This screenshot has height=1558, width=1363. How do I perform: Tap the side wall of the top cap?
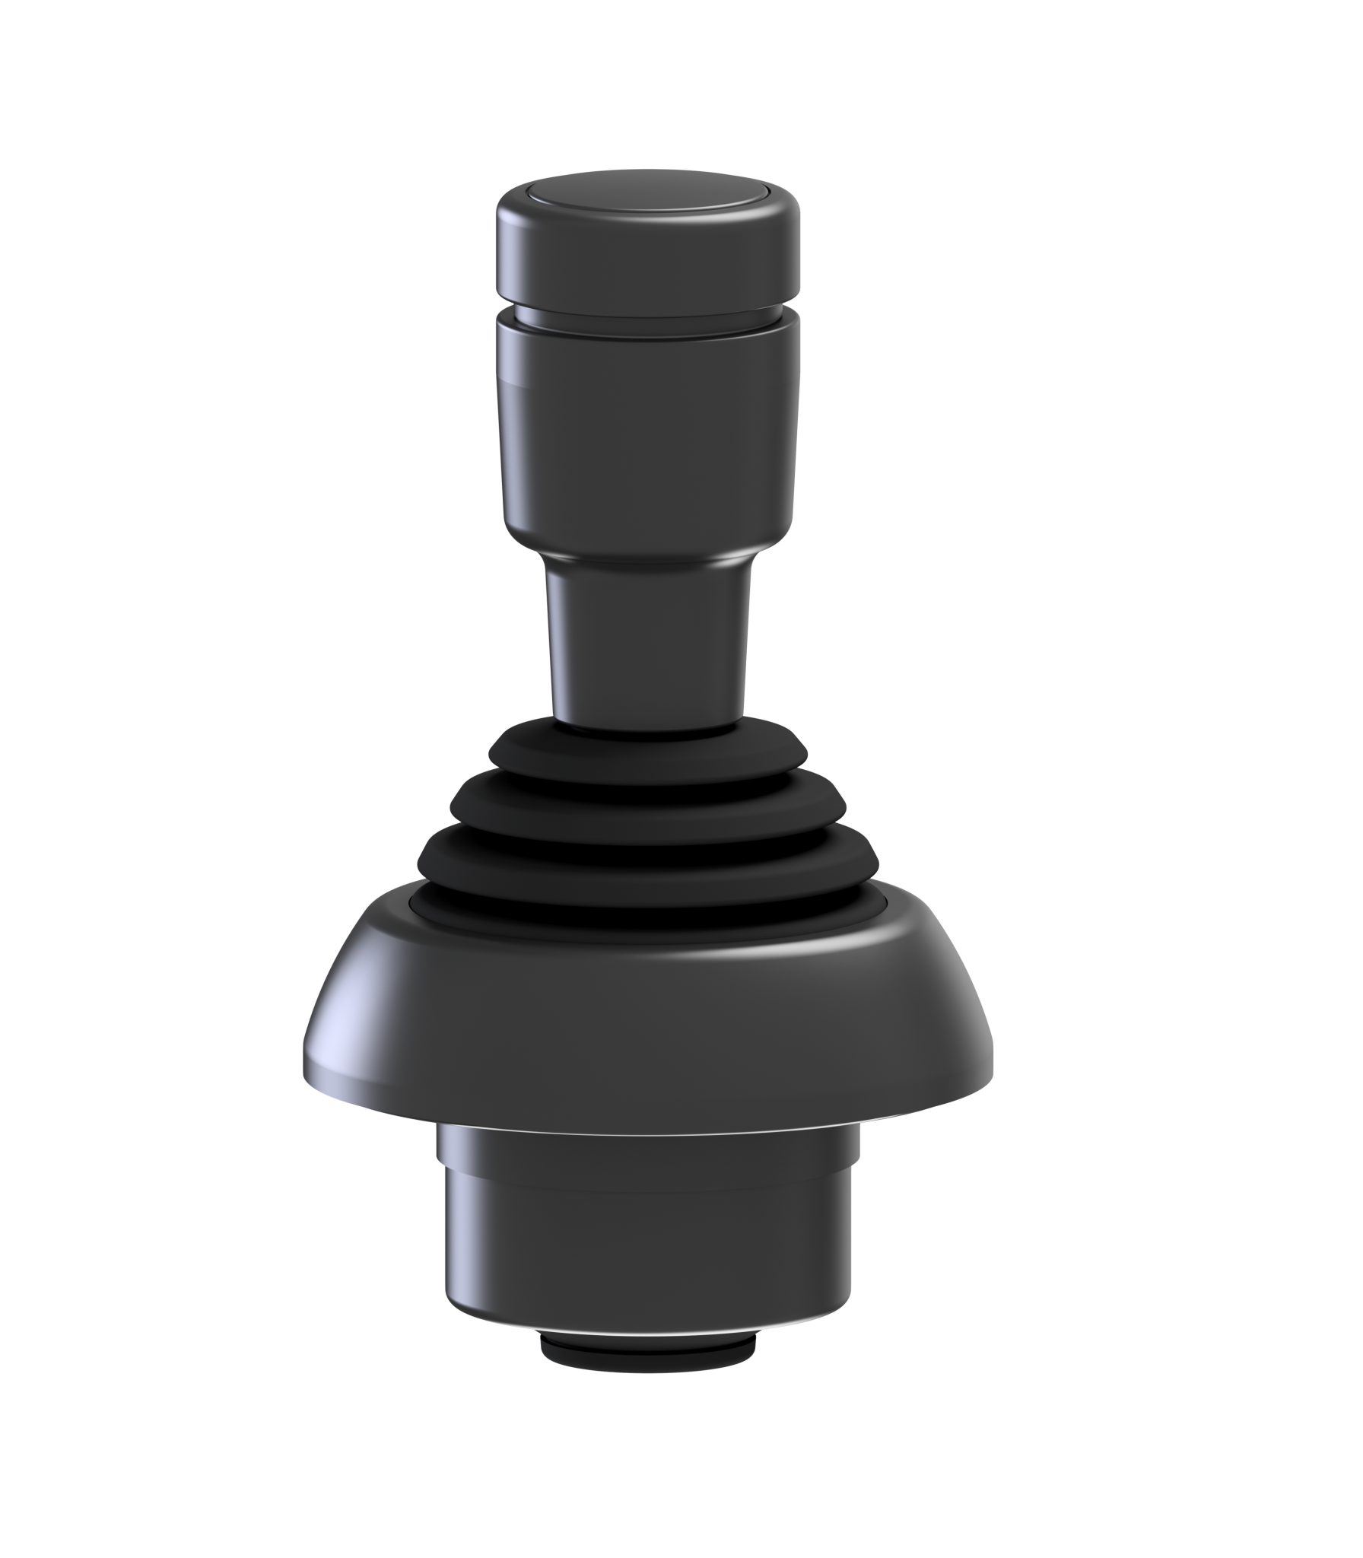tap(647, 255)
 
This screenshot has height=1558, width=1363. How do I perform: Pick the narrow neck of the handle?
tap(647, 647)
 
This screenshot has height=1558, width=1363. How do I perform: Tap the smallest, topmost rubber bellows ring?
tap(647, 757)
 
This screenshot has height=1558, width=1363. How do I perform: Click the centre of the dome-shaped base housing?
tap(647, 1012)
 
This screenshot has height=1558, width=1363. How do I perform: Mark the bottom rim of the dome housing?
tap(647, 1117)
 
